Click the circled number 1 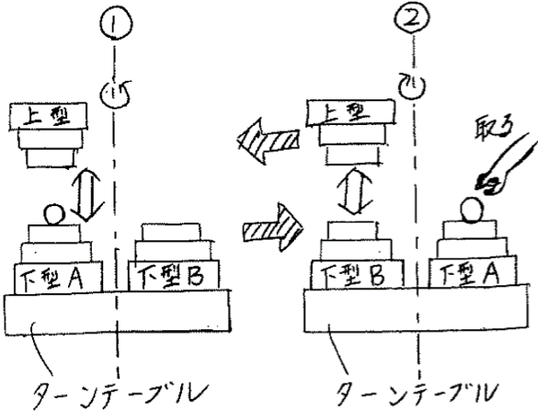click(x=116, y=23)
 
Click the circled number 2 click(x=412, y=17)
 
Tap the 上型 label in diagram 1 click(x=47, y=117)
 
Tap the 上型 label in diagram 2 click(x=347, y=112)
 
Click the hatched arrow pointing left click(x=269, y=141)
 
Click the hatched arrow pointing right click(x=273, y=227)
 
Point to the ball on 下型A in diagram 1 click(x=54, y=214)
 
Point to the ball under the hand click(x=472, y=210)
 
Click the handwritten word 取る click(x=493, y=130)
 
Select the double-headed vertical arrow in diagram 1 click(x=86, y=193)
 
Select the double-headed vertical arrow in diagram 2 click(x=355, y=191)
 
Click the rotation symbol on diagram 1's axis click(x=116, y=94)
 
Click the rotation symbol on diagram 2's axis click(x=413, y=86)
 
